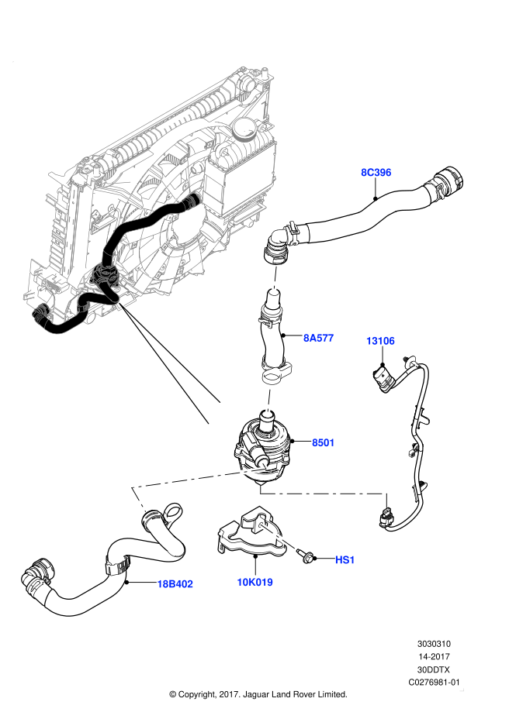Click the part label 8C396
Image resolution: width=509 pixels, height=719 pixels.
(x=376, y=173)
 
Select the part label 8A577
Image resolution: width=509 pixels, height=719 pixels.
(x=318, y=338)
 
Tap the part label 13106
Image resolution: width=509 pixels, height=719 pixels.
(x=380, y=341)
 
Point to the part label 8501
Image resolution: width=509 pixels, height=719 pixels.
(x=323, y=442)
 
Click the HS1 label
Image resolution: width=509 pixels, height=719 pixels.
(x=345, y=560)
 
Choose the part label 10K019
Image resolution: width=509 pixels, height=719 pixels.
(x=255, y=582)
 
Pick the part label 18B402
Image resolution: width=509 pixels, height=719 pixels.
(x=175, y=584)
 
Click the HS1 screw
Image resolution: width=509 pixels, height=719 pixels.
(x=306, y=556)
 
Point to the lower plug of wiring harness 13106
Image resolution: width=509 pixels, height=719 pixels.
(x=386, y=518)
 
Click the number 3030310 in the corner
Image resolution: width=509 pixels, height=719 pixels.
(x=434, y=644)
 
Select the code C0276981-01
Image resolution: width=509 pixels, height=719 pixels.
(x=434, y=683)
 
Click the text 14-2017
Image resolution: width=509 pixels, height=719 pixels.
(x=434, y=657)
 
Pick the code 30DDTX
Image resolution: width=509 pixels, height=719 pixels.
(x=434, y=669)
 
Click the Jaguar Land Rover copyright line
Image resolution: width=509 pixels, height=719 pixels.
(x=258, y=695)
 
